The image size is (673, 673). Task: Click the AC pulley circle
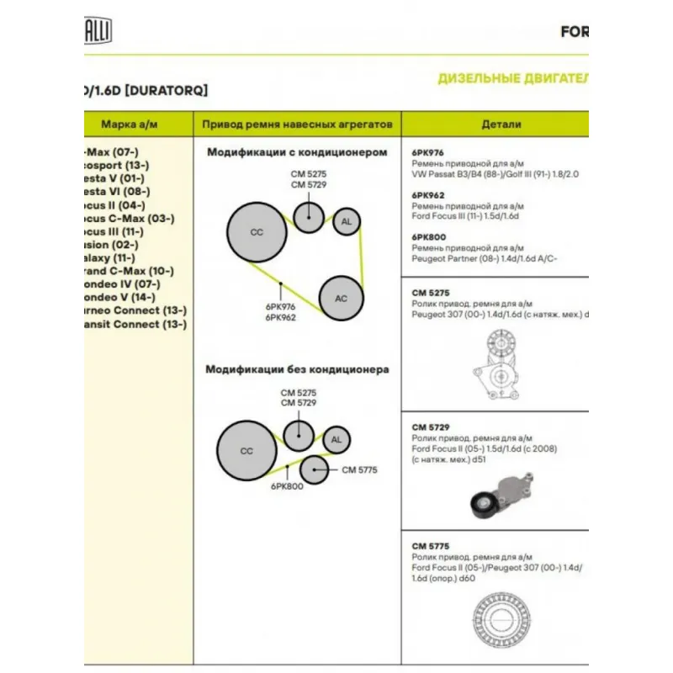[341, 298]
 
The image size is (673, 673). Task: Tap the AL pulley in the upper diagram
[346, 222]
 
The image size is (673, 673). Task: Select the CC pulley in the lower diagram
[246, 451]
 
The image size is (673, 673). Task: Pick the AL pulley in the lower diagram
[336, 440]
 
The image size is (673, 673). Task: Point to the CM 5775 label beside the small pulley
[360, 470]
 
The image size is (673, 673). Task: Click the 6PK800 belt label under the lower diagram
[287, 487]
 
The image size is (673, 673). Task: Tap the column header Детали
[501, 125]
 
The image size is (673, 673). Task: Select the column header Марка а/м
[130, 125]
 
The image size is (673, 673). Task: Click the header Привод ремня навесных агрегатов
[297, 125]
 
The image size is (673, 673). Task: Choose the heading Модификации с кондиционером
[297, 152]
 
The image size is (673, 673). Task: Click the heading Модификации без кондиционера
[297, 368]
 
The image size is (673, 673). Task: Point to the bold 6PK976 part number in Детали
[428, 152]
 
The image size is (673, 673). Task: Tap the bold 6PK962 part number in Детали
[428, 193]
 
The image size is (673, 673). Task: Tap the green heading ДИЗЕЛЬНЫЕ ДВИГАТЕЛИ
[511, 79]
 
